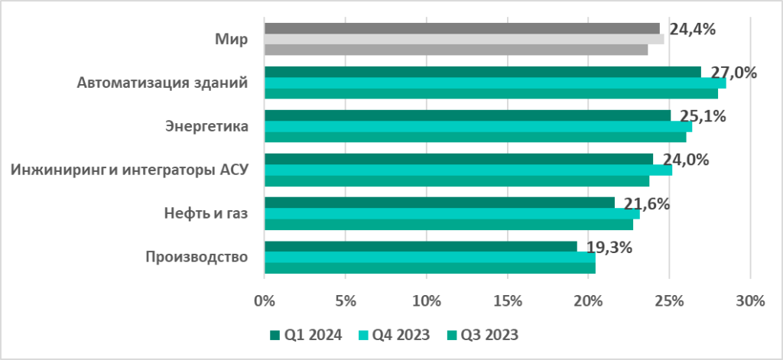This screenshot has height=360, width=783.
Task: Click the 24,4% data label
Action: [x=692, y=30]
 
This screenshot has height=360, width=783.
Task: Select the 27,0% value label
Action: [x=734, y=73]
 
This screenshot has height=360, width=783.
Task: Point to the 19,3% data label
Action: [x=609, y=247]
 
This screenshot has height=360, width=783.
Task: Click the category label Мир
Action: [x=231, y=39]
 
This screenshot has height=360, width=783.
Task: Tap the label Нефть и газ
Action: [x=206, y=213]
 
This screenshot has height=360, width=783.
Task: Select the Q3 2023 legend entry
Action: [x=487, y=334]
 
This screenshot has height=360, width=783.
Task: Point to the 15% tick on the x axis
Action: [x=507, y=301]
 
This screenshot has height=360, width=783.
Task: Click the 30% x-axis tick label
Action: [x=750, y=301]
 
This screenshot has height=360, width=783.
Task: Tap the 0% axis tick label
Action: [x=264, y=301]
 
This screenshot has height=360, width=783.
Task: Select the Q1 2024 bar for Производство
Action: [x=421, y=246]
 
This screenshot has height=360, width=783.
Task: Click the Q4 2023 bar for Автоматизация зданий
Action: [x=495, y=83]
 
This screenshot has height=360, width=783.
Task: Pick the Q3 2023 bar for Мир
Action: [x=456, y=50]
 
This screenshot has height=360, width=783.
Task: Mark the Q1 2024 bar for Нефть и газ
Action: [x=439, y=203]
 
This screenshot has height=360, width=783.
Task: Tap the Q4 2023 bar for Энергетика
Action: [x=478, y=126]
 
